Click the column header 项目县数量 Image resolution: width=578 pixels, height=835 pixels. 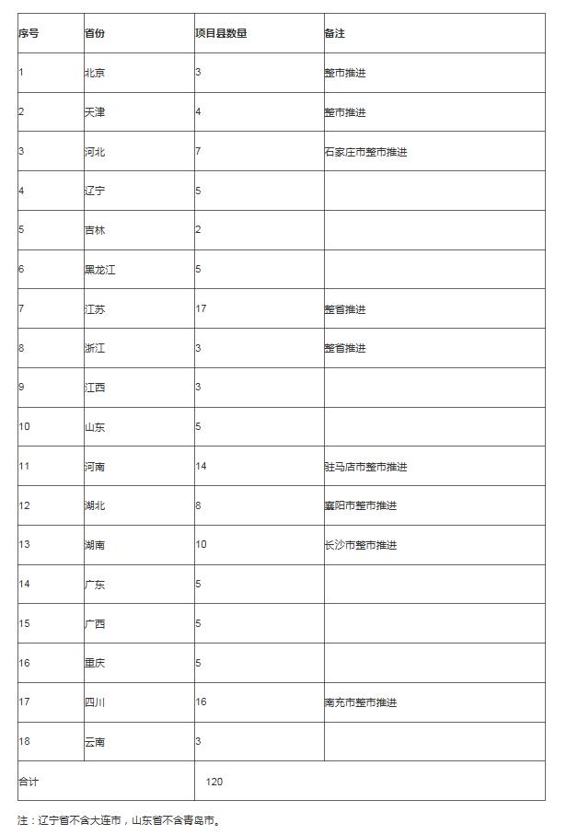pos(221,33)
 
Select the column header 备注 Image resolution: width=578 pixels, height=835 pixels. pos(334,33)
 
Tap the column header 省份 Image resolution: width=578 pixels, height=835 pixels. pos(95,33)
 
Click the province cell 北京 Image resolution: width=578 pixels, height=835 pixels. pos(95,73)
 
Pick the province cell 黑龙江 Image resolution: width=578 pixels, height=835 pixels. pos(100,270)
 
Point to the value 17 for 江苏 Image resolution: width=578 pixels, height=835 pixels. pos(201,309)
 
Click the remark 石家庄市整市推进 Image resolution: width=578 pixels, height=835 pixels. pos(365,152)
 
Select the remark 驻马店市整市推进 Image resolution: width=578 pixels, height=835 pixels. pos(365,467)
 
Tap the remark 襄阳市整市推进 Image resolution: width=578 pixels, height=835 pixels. pos(361,506)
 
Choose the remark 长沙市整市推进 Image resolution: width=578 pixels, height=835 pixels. pos(361,545)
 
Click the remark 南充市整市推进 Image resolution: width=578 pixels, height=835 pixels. pos(361,702)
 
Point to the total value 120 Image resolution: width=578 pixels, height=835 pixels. pos(214,782)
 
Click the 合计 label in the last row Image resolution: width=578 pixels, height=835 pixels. pos(29,782)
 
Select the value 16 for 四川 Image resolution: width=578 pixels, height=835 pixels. pos(201,702)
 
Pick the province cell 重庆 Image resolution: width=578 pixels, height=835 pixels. pos(95,663)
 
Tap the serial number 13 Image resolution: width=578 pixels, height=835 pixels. pos(24,545)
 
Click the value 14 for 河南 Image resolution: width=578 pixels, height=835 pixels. pos(201,467)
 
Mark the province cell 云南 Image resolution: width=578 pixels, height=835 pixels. pos(95,742)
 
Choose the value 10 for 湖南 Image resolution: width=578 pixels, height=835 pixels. pos(201,545)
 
